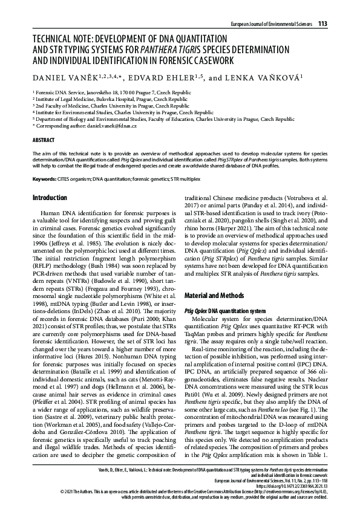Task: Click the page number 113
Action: [322, 24]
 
